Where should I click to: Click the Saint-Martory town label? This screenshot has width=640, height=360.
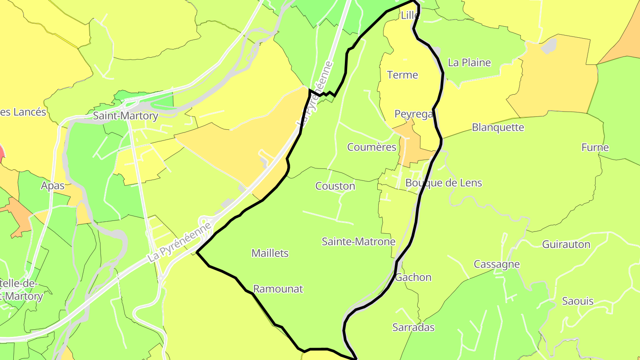(125, 116)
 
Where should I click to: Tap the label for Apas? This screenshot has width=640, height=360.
(53, 185)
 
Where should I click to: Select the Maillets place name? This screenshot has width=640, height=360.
(270, 253)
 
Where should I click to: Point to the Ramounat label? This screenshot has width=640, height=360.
(278, 289)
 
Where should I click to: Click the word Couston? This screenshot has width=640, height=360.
(335, 186)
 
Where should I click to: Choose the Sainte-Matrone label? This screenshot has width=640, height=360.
(358, 242)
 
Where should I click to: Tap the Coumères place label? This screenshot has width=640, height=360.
(372, 147)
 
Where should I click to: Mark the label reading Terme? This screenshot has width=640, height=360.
(403, 75)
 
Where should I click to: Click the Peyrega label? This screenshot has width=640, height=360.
(413, 114)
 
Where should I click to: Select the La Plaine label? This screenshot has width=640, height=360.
(469, 63)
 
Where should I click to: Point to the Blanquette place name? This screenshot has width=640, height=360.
(498, 128)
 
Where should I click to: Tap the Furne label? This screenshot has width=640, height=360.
(595, 148)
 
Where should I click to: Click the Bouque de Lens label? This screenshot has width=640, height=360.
(444, 183)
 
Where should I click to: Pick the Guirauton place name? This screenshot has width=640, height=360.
(566, 244)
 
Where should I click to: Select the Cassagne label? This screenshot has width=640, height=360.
(496, 264)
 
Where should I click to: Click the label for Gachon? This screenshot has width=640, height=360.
(413, 277)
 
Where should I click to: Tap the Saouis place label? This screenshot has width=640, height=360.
(577, 301)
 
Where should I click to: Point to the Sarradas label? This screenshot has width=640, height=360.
(413, 328)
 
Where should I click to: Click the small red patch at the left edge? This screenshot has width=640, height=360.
(2, 152)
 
